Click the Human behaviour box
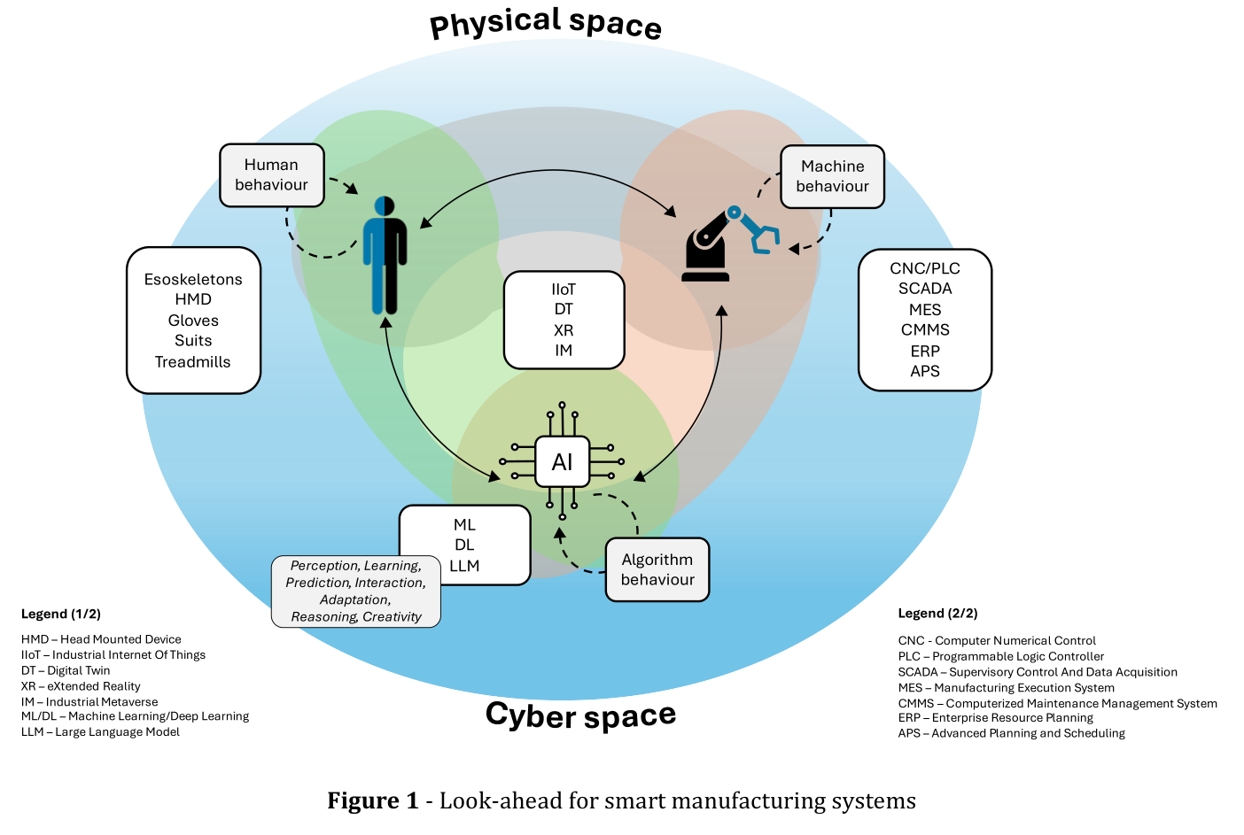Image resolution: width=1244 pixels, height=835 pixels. coord(271,175)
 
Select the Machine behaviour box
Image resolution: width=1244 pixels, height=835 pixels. coord(832,176)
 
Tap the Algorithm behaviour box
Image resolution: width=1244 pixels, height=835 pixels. coord(657,569)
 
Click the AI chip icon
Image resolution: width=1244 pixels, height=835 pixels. coord(562,461)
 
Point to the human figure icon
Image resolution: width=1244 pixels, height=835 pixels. coord(385,256)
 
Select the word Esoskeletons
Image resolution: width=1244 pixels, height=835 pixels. coord(193,279)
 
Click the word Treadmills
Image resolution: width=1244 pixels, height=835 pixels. coord(192,362)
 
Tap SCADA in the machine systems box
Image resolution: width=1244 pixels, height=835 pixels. coord(925,289)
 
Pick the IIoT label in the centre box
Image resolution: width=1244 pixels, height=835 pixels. coord(564,289)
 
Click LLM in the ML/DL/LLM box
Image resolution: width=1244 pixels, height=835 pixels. coord(464,565)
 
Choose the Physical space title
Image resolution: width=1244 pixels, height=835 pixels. coord(546,23)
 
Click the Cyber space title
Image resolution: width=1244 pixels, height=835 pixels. coord(581,715)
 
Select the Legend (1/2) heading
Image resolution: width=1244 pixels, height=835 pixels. coord(61,614)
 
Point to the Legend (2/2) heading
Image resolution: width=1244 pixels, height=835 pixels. coord(938,613)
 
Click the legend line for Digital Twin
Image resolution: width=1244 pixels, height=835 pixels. coord(66,670)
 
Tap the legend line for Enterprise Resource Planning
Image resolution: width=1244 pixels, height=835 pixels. coord(996,717)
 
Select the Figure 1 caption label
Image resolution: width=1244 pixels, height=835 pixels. coord(373,800)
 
